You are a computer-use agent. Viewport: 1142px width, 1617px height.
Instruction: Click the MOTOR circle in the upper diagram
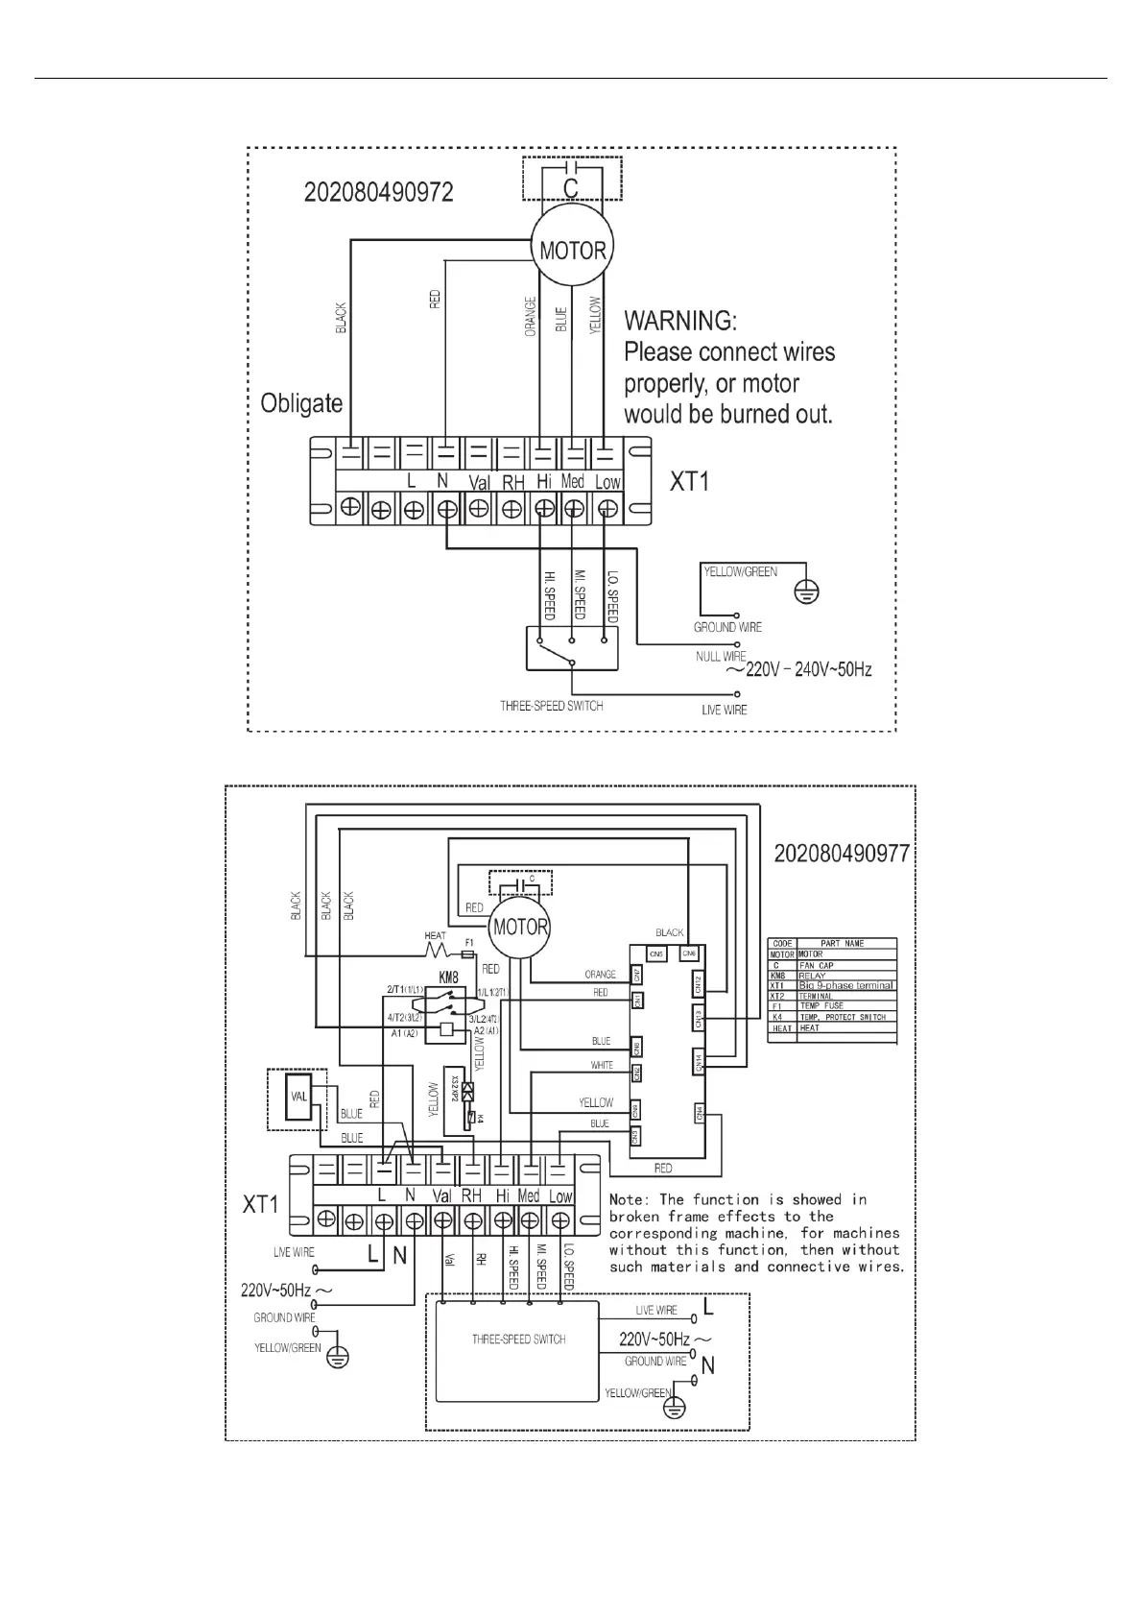pos(573,251)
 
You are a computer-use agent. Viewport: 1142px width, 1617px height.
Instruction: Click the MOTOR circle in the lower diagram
pos(520,928)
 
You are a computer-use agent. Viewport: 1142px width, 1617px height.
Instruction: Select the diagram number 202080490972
pos(379,192)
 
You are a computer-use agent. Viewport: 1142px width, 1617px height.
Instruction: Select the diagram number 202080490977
pos(842,854)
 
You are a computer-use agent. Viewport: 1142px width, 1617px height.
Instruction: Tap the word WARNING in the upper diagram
pos(681,321)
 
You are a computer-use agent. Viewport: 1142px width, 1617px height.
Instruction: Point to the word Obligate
pos(301,402)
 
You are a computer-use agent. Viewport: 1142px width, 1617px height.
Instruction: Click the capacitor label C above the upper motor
pos(571,187)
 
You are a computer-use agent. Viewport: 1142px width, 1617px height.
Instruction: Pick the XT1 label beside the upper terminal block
pos(689,481)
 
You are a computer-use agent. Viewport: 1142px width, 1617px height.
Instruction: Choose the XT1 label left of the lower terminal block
pos(260,1204)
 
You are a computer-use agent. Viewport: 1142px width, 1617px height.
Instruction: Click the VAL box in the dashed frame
pos(298,1097)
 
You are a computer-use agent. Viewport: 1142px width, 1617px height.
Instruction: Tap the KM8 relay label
pos(447,976)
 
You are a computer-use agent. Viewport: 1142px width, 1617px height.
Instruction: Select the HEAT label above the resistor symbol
pos(435,935)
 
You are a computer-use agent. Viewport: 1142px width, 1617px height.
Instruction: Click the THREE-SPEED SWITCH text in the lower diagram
pos(518,1339)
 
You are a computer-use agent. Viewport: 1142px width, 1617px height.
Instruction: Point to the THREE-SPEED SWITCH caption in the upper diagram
pos(552,706)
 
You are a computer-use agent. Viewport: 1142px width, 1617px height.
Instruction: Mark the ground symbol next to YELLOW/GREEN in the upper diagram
pos(808,593)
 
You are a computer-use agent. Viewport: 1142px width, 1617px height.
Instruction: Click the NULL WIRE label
pos(721,657)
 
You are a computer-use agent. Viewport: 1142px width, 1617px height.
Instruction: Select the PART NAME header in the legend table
pos(843,944)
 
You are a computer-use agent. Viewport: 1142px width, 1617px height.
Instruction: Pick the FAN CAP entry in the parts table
pos(817,965)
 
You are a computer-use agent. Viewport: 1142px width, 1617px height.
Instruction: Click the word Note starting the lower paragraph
pos(630,1199)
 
